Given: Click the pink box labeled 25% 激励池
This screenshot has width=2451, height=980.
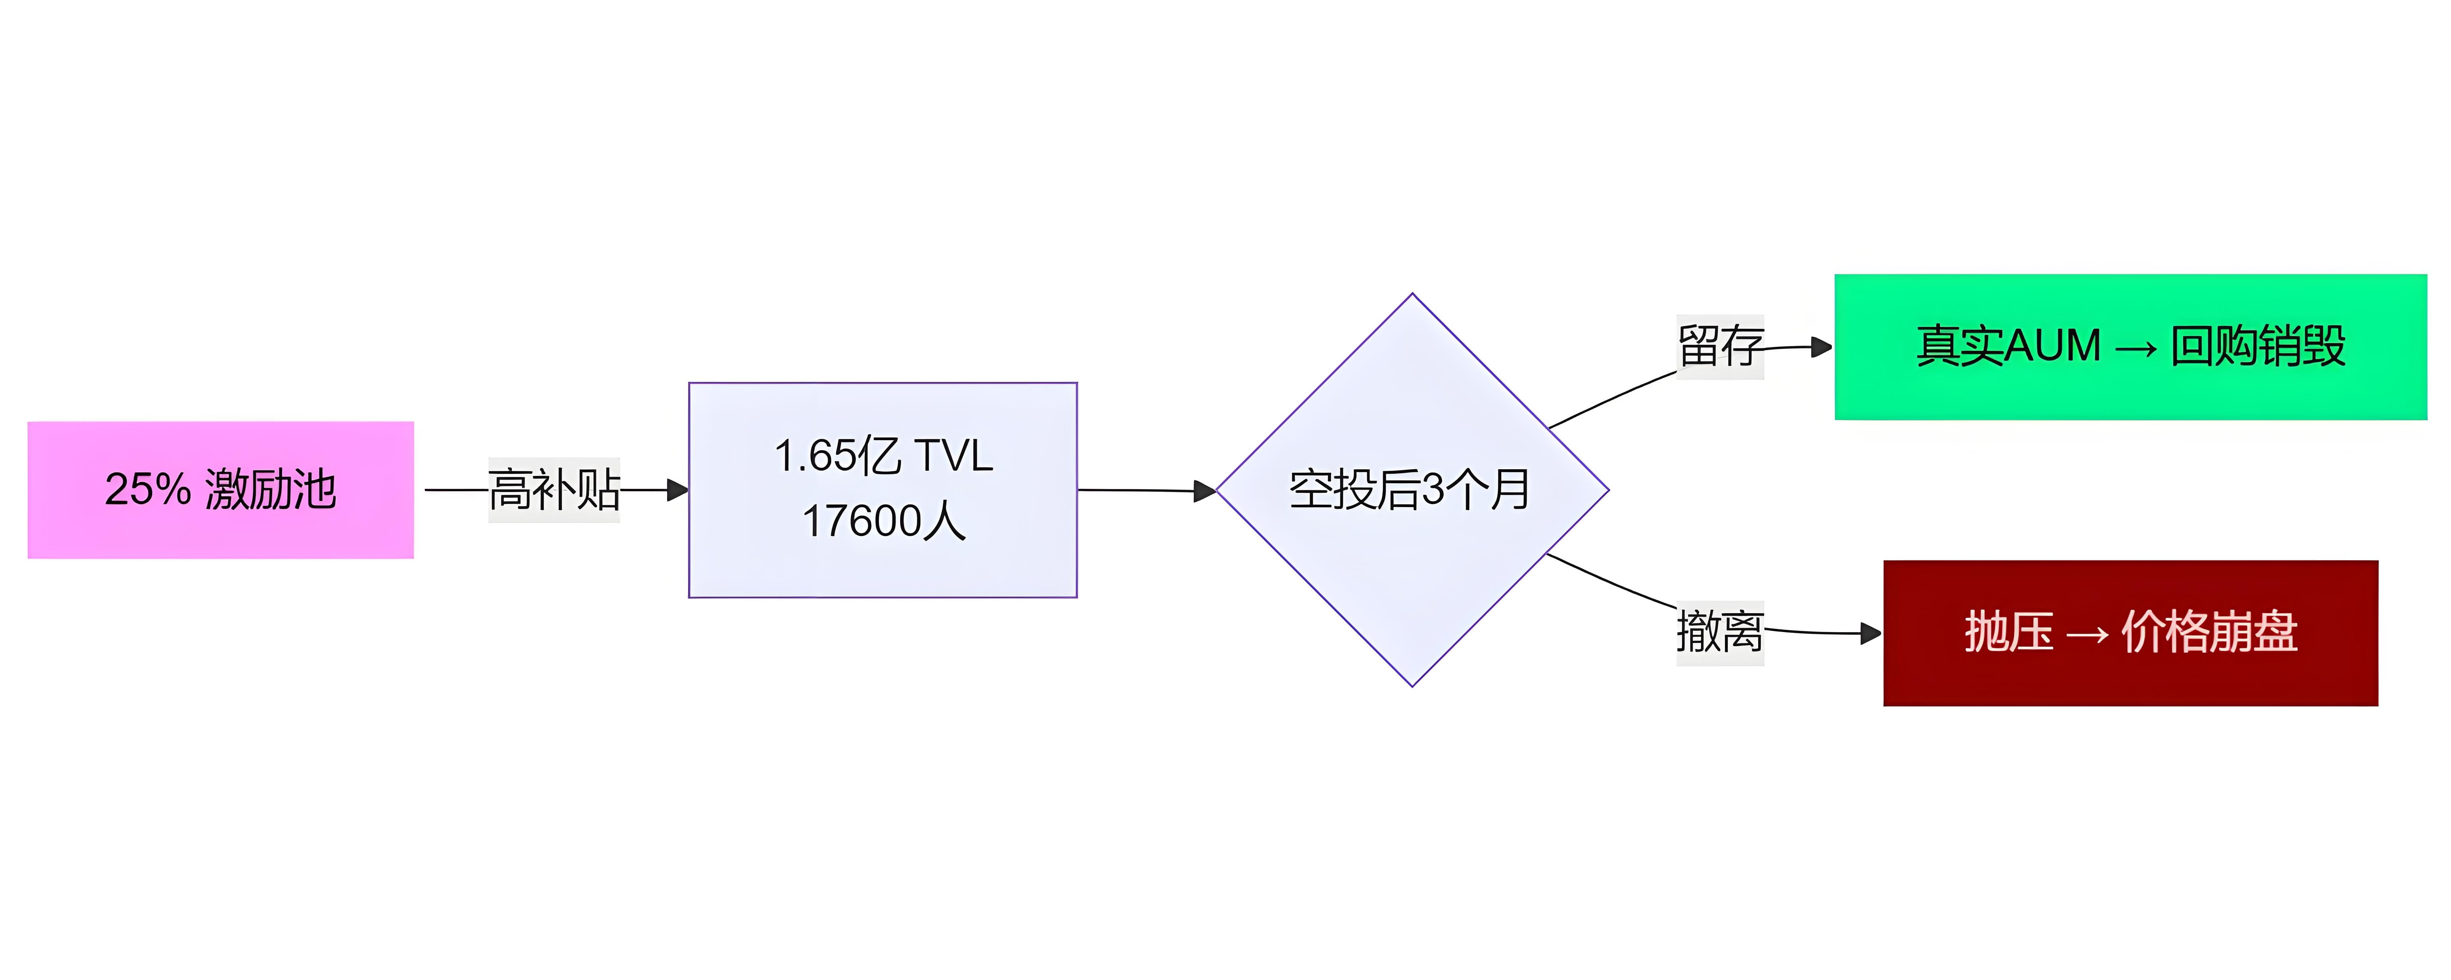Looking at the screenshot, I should tap(221, 490).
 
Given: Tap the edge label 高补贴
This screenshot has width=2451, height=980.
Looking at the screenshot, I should tap(554, 490).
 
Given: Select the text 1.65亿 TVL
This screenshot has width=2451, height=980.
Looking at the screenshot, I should tap(883, 456).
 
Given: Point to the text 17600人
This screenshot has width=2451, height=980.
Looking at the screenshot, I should tap(883, 522).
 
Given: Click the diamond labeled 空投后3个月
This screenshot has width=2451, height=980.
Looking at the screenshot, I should tap(1412, 490).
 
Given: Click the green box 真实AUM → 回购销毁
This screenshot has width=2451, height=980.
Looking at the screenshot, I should tap(2130, 346).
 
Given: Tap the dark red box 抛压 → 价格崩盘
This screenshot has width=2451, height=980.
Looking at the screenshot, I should tap(2130, 633).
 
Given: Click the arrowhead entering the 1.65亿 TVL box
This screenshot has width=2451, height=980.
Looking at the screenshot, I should tap(679, 490).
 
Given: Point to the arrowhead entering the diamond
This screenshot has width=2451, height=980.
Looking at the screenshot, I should tap(1206, 491).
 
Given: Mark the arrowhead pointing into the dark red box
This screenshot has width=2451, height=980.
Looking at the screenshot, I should tap(1871, 633).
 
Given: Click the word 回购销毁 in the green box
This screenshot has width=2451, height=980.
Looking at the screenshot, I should tap(2258, 346).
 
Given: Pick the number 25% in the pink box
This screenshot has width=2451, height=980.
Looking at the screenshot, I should tap(148, 490).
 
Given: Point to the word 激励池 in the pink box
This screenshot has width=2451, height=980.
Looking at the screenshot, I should tap(270, 490).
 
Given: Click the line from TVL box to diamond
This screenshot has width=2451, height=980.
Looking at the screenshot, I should tap(1137, 490).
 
